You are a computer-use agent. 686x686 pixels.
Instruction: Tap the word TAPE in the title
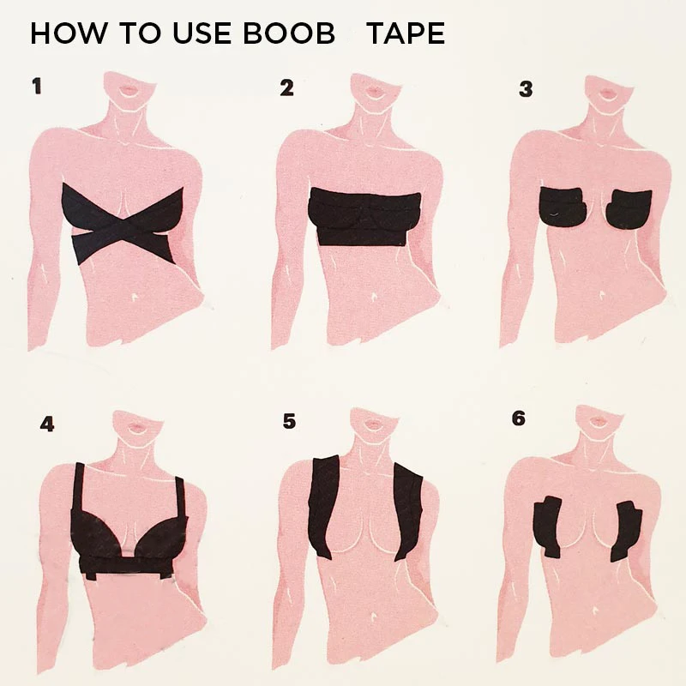[406, 34]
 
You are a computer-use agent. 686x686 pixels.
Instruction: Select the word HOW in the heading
[61, 34]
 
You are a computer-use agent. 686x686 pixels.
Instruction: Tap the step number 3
[526, 88]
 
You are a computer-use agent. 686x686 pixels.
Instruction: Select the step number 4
[46, 424]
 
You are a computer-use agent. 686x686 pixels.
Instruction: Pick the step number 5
[289, 420]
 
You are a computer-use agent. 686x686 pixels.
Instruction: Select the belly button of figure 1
[135, 298]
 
